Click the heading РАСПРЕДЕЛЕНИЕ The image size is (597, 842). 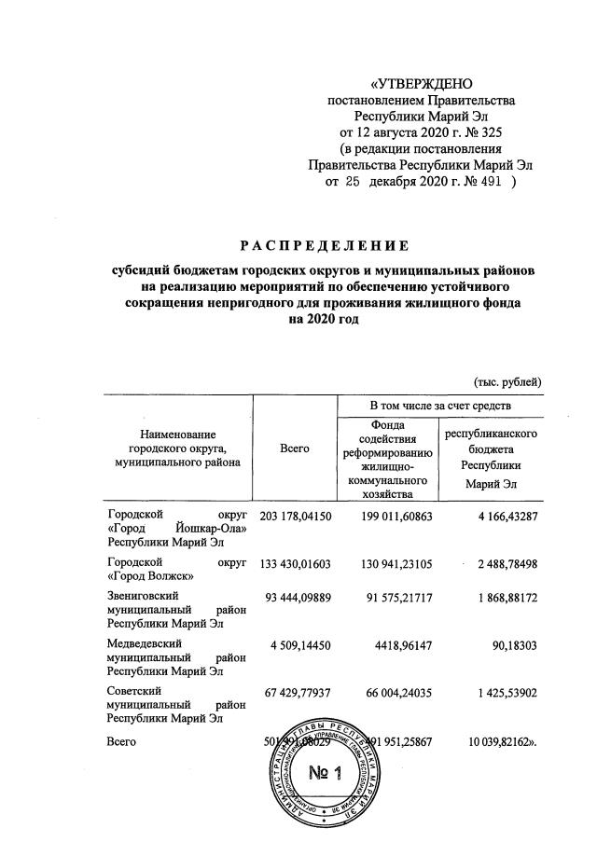(324, 246)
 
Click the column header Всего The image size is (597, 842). (295, 449)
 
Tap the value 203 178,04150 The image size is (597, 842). (295, 515)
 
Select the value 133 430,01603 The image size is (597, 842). (295, 565)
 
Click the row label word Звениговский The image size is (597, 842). (144, 594)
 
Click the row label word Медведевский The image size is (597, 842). (144, 644)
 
